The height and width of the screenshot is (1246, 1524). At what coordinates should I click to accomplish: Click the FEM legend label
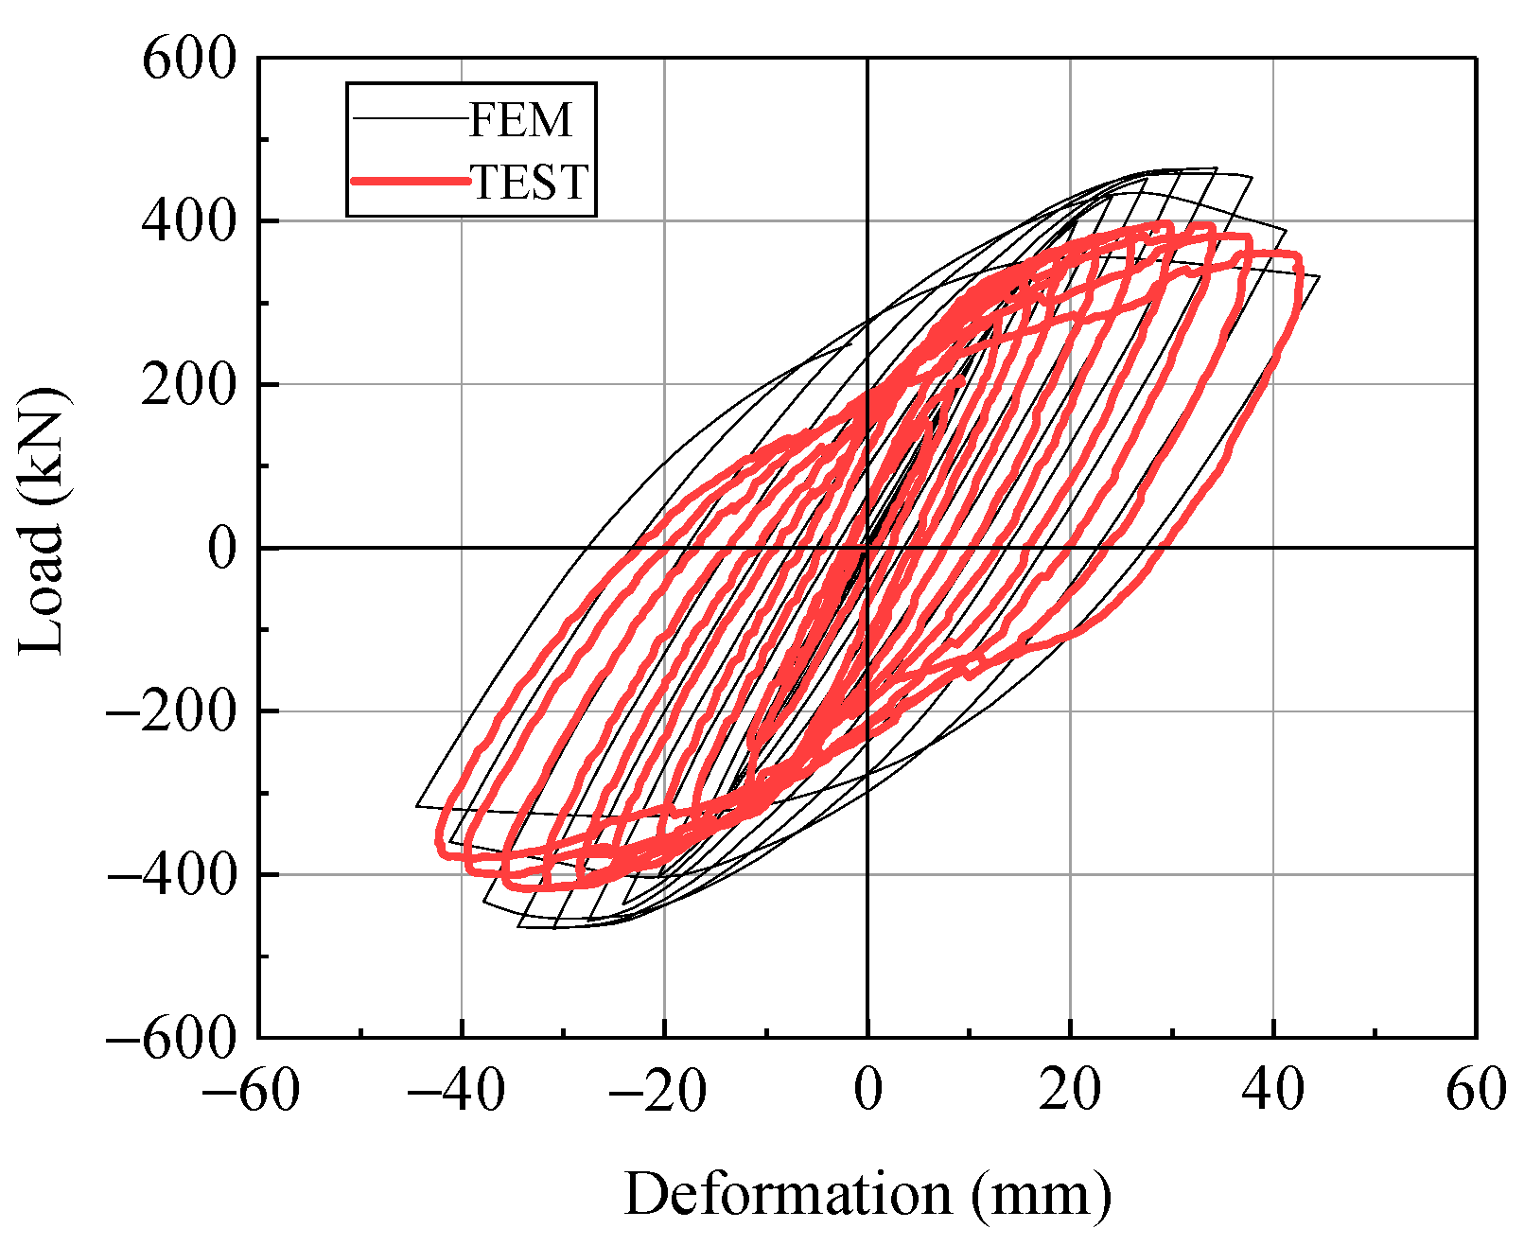tap(521, 119)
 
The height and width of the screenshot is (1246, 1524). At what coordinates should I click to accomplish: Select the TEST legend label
tap(531, 182)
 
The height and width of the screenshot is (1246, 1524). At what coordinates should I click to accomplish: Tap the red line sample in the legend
tap(410, 180)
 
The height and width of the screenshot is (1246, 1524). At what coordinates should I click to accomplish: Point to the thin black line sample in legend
tap(410, 118)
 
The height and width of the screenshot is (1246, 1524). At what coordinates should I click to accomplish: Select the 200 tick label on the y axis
tap(189, 385)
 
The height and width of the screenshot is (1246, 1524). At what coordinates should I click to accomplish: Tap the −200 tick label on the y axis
tap(171, 711)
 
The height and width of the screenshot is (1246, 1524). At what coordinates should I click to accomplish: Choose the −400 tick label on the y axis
tap(171, 875)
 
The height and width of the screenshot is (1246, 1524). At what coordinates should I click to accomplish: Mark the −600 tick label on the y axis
tap(171, 1039)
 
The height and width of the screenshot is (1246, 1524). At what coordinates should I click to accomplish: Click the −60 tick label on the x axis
tap(251, 1090)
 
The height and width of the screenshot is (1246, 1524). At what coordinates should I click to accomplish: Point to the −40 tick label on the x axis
tap(456, 1090)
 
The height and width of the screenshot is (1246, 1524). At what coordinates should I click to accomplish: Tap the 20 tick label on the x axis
tap(1070, 1090)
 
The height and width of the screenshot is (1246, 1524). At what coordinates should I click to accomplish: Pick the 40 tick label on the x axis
tap(1273, 1090)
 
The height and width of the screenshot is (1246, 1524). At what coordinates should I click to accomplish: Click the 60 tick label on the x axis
tap(1476, 1090)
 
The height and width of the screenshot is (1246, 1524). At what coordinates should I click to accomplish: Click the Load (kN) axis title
tap(43, 520)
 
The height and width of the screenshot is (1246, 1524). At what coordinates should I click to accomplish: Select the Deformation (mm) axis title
tap(867, 1194)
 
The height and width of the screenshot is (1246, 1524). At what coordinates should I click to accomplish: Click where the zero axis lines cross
tap(867, 548)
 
